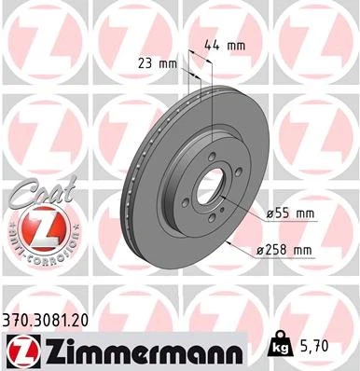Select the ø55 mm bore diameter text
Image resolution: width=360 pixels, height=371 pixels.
pos(291,213)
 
